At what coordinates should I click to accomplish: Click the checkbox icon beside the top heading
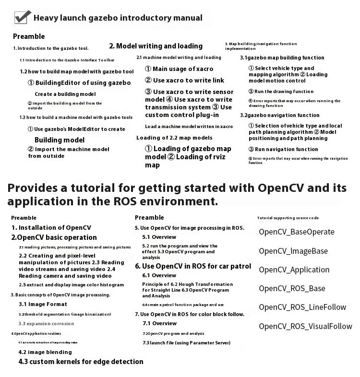coord(22,17)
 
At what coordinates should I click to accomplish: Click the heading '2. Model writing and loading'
coord(156,46)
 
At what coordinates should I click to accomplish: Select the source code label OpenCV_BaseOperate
coord(296,232)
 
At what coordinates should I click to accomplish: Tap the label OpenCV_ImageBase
coord(293,251)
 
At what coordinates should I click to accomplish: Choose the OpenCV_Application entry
coord(294,270)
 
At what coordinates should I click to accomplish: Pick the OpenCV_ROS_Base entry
coord(291,288)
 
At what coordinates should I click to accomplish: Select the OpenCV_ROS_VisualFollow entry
coord(305,327)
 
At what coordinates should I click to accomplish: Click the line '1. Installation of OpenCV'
coord(51,228)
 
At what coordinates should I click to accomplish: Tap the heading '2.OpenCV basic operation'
coord(54,237)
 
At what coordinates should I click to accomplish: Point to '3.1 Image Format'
coord(43,304)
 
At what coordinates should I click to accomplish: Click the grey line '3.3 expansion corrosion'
coord(46,324)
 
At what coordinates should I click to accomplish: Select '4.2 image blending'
coord(45,352)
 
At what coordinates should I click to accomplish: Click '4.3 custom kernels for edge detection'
coord(81,362)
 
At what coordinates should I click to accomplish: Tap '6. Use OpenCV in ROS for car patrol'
coord(193,266)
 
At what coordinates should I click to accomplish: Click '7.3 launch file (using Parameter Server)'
coord(186,343)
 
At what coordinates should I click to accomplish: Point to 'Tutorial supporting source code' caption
coord(288,218)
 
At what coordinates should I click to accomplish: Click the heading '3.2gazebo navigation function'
coord(280,115)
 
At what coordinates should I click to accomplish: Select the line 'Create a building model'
coord(65,94)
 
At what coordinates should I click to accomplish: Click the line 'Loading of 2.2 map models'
coord(174,138)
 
